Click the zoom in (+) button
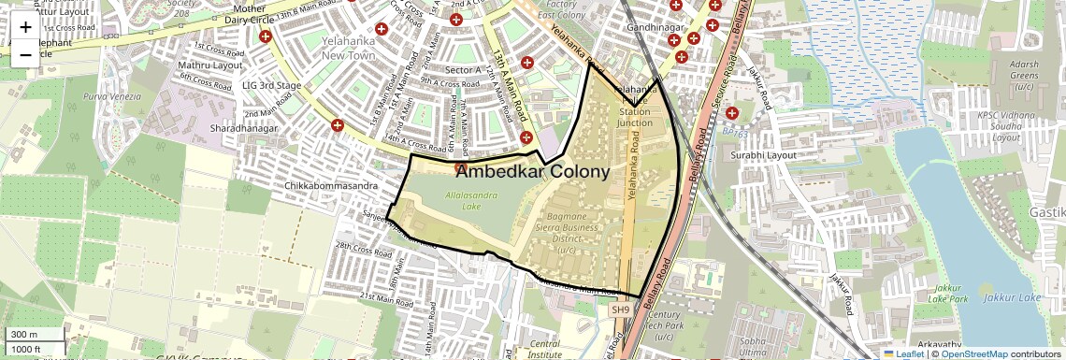coord(25,27)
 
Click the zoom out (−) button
coord(25,54)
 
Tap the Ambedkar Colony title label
coord(533,172)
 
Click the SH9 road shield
coord(621,310)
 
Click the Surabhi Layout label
coord(764,154)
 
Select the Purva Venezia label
coord(112,96)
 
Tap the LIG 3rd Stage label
coord(271,85)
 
